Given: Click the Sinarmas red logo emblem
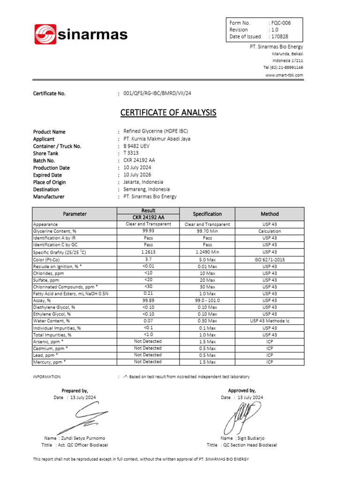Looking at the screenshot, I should pos(45,34).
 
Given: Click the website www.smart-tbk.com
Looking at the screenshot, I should pos(284,75).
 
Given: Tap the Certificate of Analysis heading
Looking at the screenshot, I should pos(168,112).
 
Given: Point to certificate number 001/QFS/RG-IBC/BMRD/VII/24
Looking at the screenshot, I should pos(157,93).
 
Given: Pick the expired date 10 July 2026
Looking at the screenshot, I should pos(137,175).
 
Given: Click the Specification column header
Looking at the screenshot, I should pos(207,214).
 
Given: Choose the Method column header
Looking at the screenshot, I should pos(270,214).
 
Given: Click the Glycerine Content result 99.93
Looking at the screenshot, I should pos(148,231).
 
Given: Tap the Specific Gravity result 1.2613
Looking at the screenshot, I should pos(148,252).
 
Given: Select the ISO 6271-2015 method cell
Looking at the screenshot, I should pos(270,259).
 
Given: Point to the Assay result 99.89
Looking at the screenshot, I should pos(148,300).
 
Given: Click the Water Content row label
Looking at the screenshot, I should pos(52,321).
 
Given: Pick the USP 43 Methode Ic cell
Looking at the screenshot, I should pos(270,321).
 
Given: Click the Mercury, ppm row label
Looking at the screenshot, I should pos(49,362).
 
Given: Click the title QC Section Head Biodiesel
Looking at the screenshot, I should pos(248,445).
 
